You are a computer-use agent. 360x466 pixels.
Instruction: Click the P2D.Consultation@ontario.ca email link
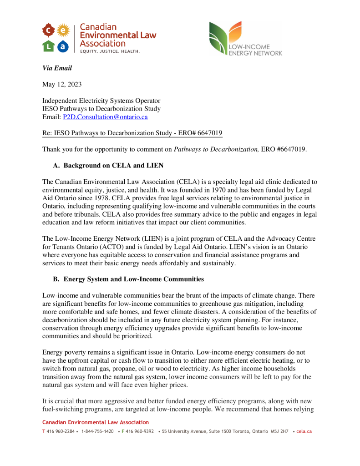[x=105, y=117]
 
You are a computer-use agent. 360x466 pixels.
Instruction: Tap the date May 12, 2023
[x=62, y=84]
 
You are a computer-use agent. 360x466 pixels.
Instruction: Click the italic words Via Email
[x=57, y=68]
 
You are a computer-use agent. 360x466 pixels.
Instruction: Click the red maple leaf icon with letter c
[x=48, y=30]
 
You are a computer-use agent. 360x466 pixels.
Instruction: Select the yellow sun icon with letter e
[x=63, y=30]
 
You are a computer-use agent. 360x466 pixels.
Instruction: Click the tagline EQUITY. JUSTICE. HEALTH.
[x=110, y=51]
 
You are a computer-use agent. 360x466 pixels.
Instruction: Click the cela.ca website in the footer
[x=304, y=431]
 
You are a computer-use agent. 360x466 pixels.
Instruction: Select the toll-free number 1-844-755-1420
[x=97, y=431]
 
